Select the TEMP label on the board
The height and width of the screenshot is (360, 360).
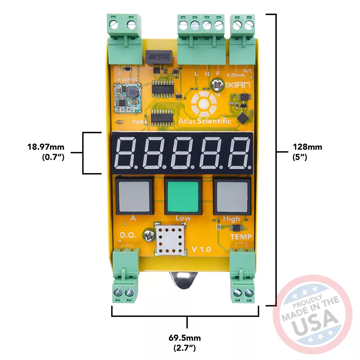tap(241, 237)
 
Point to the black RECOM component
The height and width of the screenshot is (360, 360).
tap(159, 57)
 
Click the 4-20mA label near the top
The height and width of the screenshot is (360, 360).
tap(236, 75)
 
